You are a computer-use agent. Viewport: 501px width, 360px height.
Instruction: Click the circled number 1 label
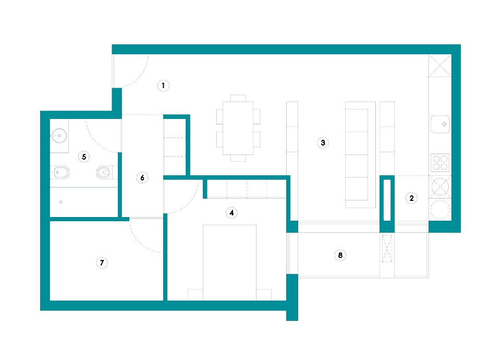click(x=163, y=86)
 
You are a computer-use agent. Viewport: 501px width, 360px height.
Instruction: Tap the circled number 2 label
click(x=411, y=198)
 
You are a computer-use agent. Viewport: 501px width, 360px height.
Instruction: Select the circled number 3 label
click(x=323, y=142)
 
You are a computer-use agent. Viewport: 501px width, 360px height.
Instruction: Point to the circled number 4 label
click(x=231, y=213)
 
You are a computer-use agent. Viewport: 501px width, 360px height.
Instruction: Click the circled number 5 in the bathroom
click(x=84, y=157)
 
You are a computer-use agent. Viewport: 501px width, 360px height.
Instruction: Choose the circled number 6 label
click(x=142, y=177)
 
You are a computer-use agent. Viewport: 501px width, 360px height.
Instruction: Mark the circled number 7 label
click(x=102, y=263)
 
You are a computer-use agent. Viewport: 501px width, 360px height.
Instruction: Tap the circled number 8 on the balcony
click(x=340, y=255)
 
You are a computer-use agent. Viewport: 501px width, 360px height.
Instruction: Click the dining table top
click(x=238, y=128)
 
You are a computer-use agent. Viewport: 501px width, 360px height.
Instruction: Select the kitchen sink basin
click(x=441, y=124)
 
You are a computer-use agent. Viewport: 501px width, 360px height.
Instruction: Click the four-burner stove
click(x=440, y=163)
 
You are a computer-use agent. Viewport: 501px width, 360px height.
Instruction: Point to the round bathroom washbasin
click(x=59, y=136)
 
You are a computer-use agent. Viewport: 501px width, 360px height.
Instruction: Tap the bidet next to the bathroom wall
click(x=60, y=173)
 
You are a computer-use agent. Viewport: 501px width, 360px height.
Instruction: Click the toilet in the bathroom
click(x=104, y=172)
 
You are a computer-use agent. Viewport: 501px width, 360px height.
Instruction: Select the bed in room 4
click(x=229, y=262)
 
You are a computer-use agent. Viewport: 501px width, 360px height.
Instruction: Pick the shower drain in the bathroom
click(x=60, y=202)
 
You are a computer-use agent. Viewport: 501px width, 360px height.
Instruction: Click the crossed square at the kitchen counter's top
click(x=440, y=66)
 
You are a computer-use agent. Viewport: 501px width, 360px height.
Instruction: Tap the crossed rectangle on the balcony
click(x=387, y=248)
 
